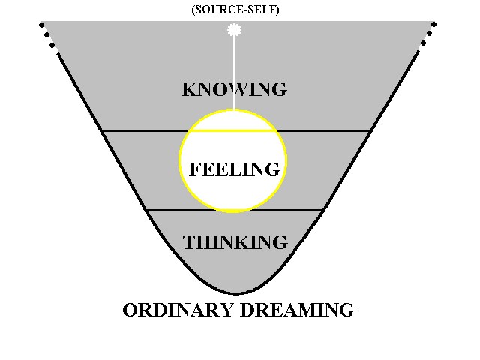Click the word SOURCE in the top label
click(x=214, y=10)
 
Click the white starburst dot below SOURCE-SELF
click(x=235, y=30)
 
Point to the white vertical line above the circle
click(x=234, y=73)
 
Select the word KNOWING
click(x=234, y=89)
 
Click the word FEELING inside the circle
click(x=235, y=169)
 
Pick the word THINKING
click(x=235, y=242)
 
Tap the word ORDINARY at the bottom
click(x=178, y=310)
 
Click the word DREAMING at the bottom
click(x=298, y=310)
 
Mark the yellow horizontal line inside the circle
click(x=232, y=131)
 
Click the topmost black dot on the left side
click(x=42, y=25)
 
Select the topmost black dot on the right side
click(x=433, y=24)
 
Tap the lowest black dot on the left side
click(x=52, y=45)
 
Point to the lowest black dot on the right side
click(x=423, y=43)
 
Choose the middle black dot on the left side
click(x=46, y=35)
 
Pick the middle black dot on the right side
click(x=429, y=33)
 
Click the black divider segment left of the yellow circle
click(x=145, y=131)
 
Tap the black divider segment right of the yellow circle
click(x=323, y=131)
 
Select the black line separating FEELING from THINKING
click(x=234, y=210)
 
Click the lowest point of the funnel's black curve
click(x=235, y=293)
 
